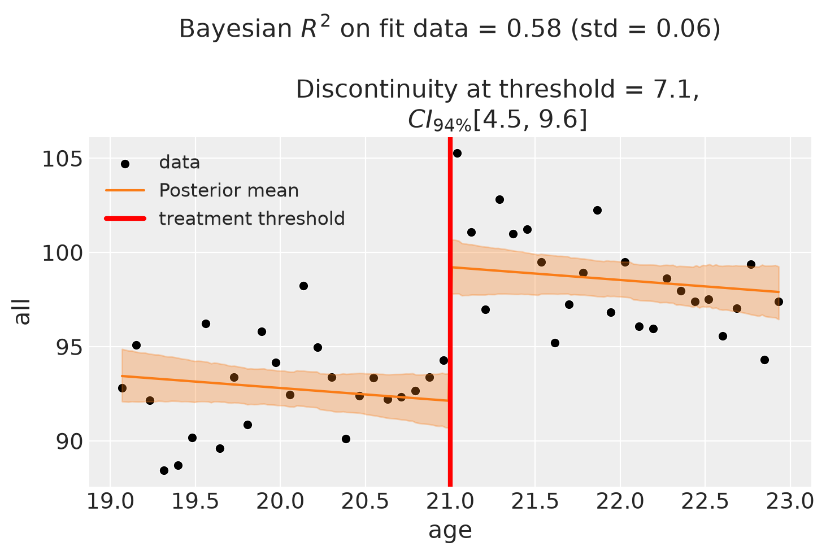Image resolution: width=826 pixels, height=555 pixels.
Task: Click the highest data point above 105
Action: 457,154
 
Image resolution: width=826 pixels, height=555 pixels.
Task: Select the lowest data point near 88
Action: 164,471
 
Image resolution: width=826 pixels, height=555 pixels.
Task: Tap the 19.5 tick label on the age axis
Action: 195,502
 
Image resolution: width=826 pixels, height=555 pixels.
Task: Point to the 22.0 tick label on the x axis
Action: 620,502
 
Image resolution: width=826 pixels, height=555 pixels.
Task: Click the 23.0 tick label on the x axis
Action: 790,502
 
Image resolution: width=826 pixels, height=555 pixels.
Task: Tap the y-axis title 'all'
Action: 22,312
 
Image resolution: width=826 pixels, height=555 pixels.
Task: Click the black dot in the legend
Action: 125,164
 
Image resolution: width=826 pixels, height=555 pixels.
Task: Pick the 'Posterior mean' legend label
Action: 229,190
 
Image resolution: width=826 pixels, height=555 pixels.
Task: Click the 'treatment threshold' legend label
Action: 252,218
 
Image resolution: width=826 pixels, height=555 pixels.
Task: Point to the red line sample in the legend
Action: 125,218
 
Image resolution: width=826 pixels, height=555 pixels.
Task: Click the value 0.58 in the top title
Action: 533,29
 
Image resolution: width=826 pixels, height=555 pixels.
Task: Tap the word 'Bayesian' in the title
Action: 235,29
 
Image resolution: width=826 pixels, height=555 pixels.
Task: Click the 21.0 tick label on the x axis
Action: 450,502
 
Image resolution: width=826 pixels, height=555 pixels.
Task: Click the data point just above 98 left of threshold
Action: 303,286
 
